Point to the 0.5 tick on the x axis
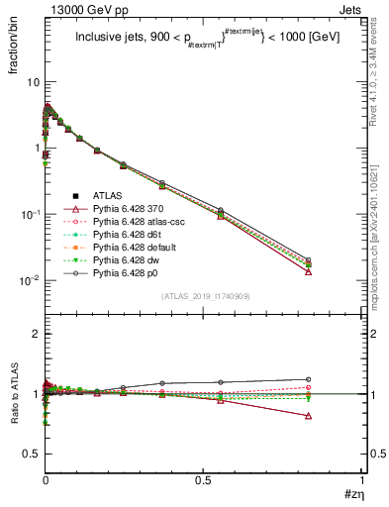click(x=204, y=482)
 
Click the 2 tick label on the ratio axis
click(x=35, y=335)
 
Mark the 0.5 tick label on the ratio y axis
click(x=31, y=454)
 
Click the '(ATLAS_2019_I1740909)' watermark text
click(x=205, y=296)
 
